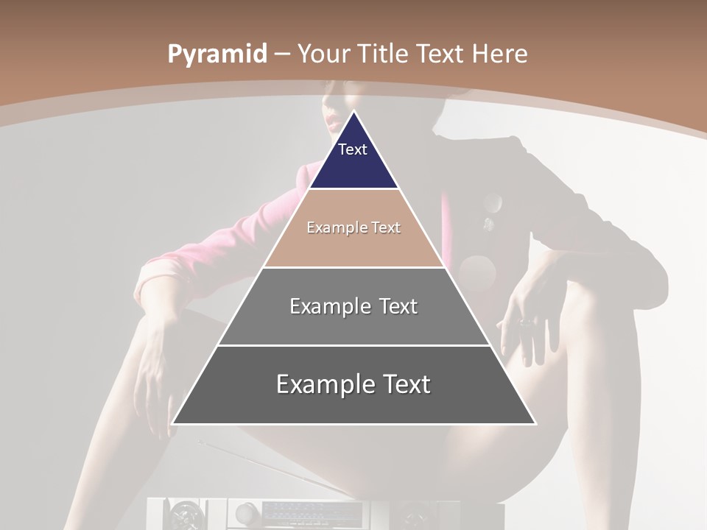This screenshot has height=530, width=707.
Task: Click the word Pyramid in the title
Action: coord(217,54)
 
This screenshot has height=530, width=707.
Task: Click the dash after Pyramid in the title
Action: coord(282,54)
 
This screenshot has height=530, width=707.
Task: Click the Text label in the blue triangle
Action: coord(352,149)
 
